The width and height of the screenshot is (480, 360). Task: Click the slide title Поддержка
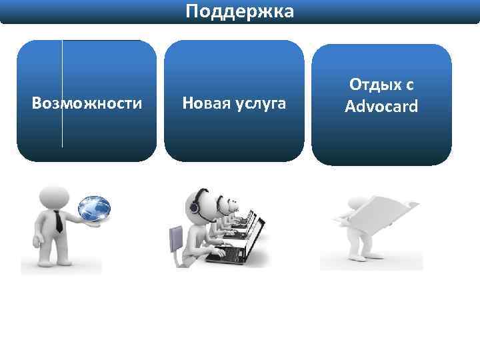tap(239, 11)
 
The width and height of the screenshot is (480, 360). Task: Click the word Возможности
tap(87, 103)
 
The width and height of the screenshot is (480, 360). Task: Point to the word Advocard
tap(381, 106)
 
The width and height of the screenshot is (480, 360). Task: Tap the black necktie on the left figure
tap(59, 221)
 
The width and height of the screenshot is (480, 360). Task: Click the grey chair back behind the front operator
tap(175, 238)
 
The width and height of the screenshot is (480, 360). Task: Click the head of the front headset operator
tap(201, 199)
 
